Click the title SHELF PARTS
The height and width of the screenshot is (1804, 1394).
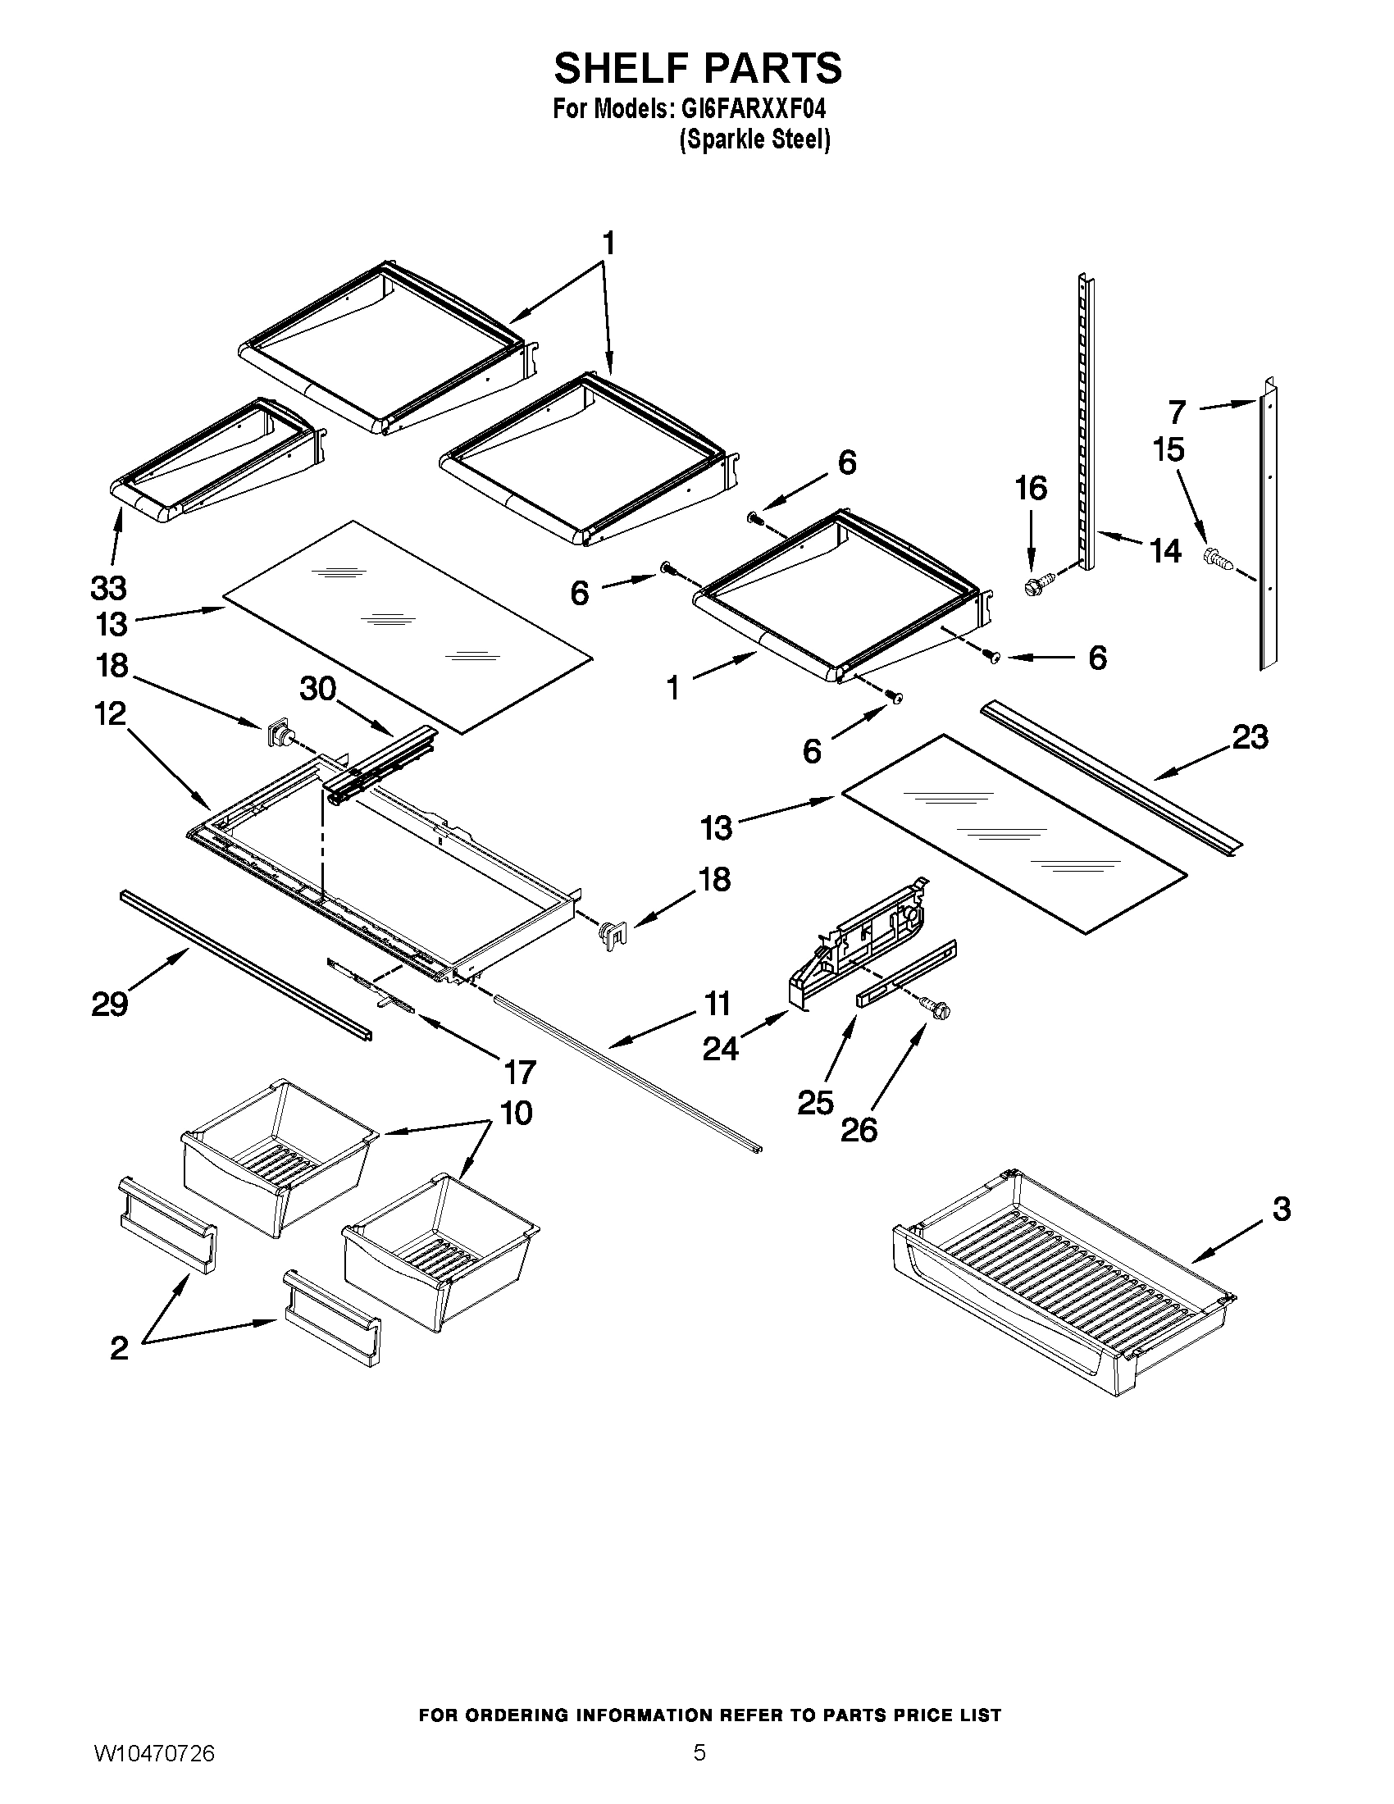[x=697, y=68]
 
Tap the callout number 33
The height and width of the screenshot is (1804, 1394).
[x=108, y=588]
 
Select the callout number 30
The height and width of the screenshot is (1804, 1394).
[x=317, y=687]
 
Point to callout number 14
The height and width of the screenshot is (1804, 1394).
[x=1165, y=550]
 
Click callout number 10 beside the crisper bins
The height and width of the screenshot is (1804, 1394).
[x=516, y=1113]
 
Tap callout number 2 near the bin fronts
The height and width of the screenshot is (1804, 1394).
[x=119, y=1348]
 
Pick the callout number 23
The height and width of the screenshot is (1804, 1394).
[x=1250, y=737]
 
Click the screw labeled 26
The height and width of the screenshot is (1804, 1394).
[x=937, y=1009]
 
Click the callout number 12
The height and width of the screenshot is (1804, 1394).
[x=110, y=713]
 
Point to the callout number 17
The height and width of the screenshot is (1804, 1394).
[x=520, y=1073]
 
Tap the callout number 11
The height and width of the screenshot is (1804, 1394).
[x=717, y=1004]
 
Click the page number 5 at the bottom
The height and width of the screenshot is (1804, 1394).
[x=699, y=1770]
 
